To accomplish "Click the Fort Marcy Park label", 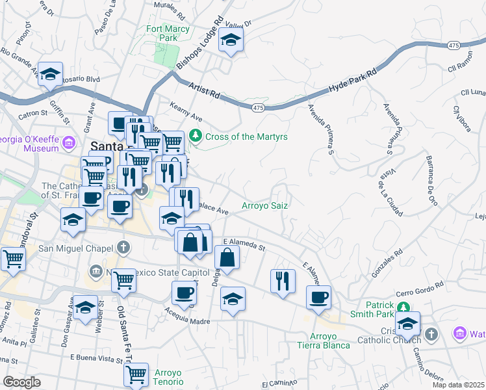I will pos(168,33).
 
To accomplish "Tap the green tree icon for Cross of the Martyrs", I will pos(196,136).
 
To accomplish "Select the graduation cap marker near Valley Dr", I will pos(231,40).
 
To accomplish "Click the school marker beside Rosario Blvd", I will pos(50,74).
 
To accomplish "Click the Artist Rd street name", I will pos(203,90).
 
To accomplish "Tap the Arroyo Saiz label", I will pos(265,205).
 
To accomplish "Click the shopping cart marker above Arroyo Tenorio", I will pos(136,374).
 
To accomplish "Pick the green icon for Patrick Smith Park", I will pos(403,307).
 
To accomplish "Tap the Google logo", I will pos(21,382).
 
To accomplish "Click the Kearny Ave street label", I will pos(186,110).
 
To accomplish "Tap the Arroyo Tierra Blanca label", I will pos(322,340).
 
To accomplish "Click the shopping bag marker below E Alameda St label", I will pos(227,257).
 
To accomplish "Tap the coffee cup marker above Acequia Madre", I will pos(185,292).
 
